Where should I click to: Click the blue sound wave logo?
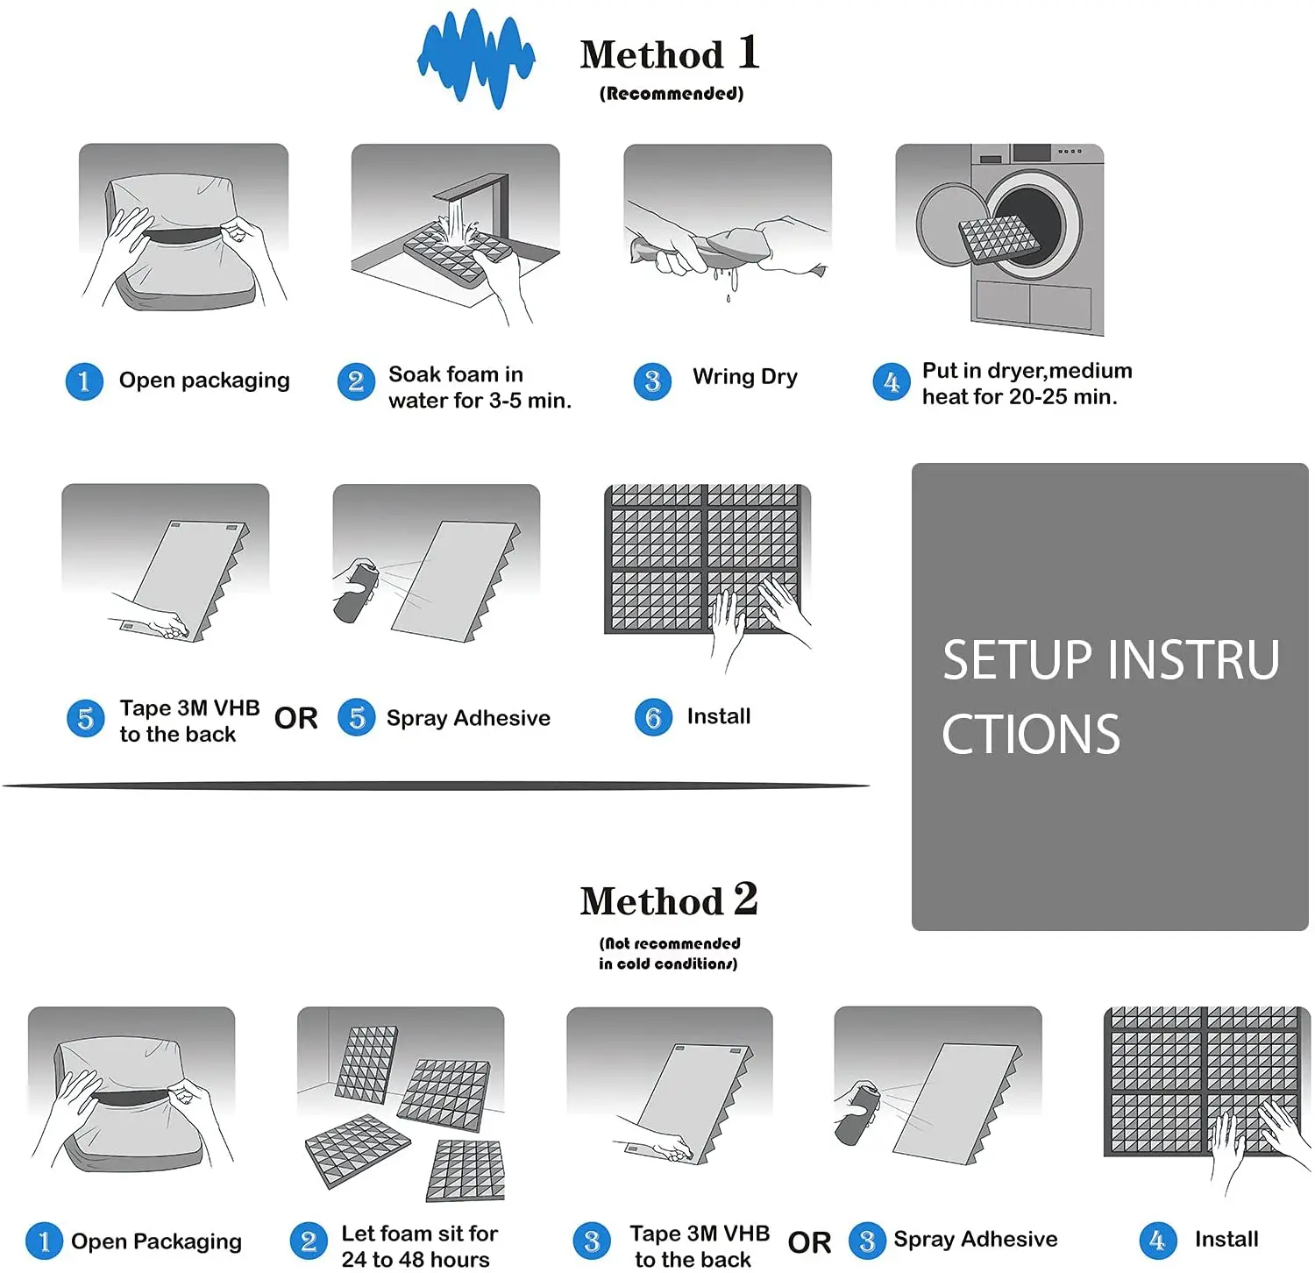pos(476,59)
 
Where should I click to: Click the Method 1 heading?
pos(670,53)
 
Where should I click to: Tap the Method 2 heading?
pos(669,900)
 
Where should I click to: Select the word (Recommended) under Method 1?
pos(672,93)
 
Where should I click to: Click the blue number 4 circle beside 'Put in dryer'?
pos(892,382)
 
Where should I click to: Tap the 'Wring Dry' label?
pos(745,377)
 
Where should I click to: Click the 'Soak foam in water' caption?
pos(480,388)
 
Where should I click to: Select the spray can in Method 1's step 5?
pos(355,591)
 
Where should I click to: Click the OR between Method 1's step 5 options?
pos(296,718)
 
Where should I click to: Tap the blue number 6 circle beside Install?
pos(653,717)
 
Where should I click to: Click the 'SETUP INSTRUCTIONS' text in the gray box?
pos(1111,697)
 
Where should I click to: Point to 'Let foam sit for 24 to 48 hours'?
pos(419,1246)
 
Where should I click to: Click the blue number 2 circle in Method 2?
pos(309,1241)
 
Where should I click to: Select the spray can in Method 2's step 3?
pos(857,1114)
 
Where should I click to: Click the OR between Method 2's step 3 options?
pos(809,1242)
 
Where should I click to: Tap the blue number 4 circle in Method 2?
pos(1157,1241)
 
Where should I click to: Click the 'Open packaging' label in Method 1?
pos(204,380)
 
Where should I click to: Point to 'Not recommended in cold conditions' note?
pos(669,953)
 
